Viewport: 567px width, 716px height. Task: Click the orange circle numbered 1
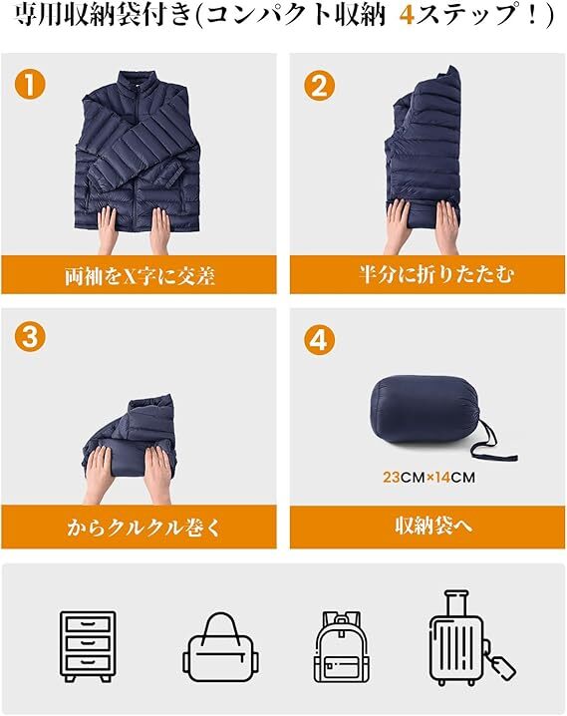click(x=30, y=85)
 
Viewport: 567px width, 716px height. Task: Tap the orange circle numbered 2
click(x=319, y=85)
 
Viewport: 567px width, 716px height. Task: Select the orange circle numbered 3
click(x=30, y=337)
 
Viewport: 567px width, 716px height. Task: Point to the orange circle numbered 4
click(x=319, y=340)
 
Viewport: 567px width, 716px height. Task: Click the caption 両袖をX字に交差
click(x=140, y=276)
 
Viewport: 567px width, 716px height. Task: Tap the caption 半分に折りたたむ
click(x=435, y=274)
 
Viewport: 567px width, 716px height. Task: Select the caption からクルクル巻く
click(x=142, y=528)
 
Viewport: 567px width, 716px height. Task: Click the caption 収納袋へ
click(x=433, y=526)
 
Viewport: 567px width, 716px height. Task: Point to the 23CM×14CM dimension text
click(x=428, y=478)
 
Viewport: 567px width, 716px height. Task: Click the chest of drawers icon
click(x=88, y=646)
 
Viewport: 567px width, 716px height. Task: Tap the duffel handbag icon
click(x=221, y=647)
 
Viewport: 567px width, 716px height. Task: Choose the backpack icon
click(x=342, y=646)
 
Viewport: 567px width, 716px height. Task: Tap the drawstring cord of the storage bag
click(x=490, y=444)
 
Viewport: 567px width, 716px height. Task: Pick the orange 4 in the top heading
click(x=406, y=16)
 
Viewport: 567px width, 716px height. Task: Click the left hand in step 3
click(x=99, y=475)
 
